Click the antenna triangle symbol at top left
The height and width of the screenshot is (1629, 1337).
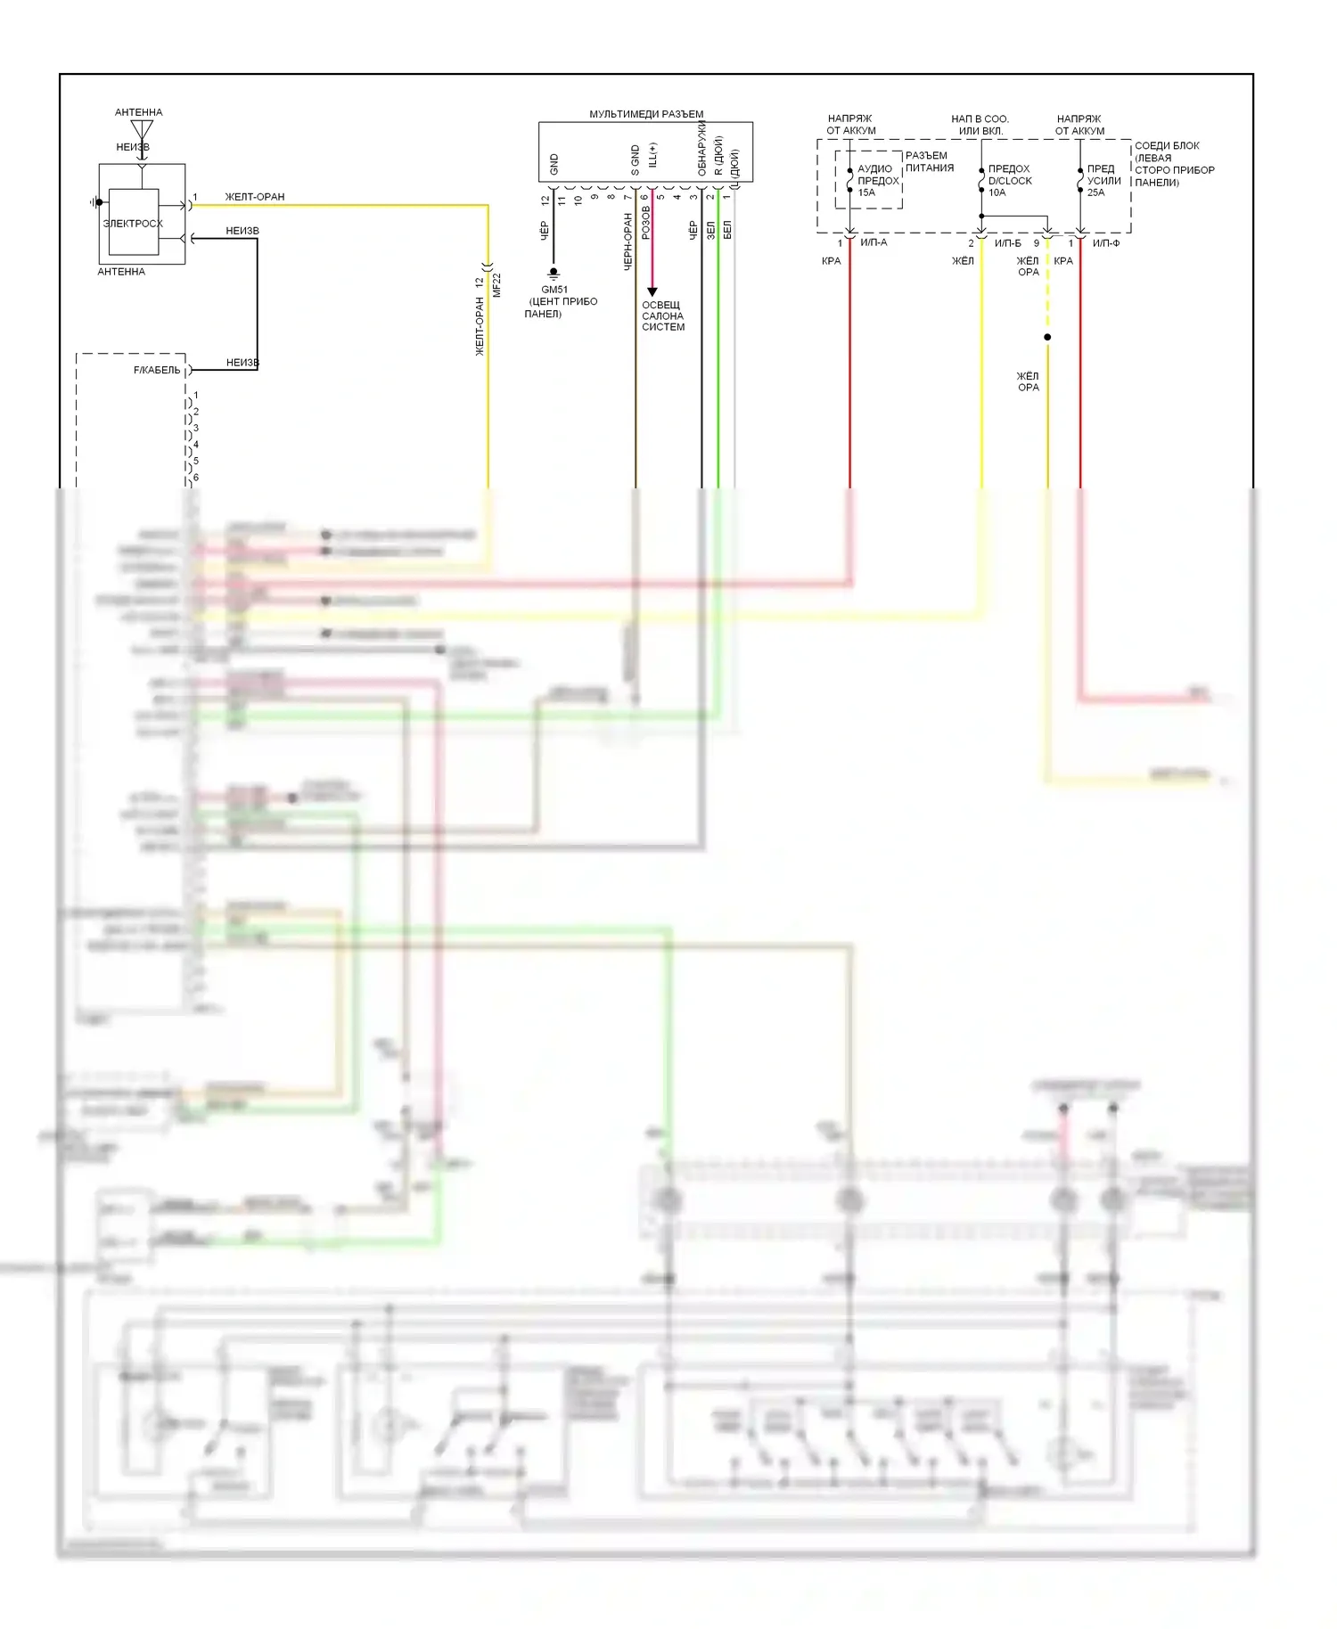pyautogui.click(x=142, y=130)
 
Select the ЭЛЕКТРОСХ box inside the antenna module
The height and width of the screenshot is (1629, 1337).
pyautogui.click(x=133, y=223)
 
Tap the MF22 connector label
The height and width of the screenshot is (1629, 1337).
pyautogui.click(x=496, y=285)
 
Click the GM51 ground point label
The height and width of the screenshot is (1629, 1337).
pyautogui.click(x=554, y=290)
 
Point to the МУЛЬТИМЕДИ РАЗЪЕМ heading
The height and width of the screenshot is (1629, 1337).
pyautogui.click(x=646, y=114)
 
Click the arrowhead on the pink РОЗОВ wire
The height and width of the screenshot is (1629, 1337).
pyautogui.click(x=652, y=291)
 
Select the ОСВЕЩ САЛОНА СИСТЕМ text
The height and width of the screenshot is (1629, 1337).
pyautogui.click(x=663, y=316)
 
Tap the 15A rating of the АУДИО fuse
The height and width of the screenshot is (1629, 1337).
pyautogui.click(x=866, y=192)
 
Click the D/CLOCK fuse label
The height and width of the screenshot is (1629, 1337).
pyautogui.click(x=1010, y=181)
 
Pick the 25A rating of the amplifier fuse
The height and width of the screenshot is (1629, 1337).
pyautogui.click(x=1095, y=192)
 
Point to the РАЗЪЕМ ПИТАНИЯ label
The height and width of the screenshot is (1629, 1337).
pyautogui.click(x=929, y=161)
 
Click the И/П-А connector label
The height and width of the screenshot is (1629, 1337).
pyautogui.click(x=874, y=242)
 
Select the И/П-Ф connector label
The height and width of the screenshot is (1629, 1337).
pyautogui.click(x=1106, y=243)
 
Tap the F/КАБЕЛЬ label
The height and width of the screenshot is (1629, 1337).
pyautogui.click(x=157, y=370)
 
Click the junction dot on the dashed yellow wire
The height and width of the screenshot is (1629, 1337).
pyautogui.click(x=1047, y=337)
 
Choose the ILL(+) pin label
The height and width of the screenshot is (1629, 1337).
pyautogui.click(x=652, y=155)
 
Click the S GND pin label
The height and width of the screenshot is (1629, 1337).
pyautogui.click(x=636, y=160)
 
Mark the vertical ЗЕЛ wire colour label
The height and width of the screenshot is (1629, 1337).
pyautogui.click(x=711, y=230)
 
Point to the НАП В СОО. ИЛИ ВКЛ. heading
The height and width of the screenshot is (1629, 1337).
pyautogui.click(x=980, y=125)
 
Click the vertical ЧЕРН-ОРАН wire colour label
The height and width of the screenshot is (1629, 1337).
pyautogui.click(x=627, y=241)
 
